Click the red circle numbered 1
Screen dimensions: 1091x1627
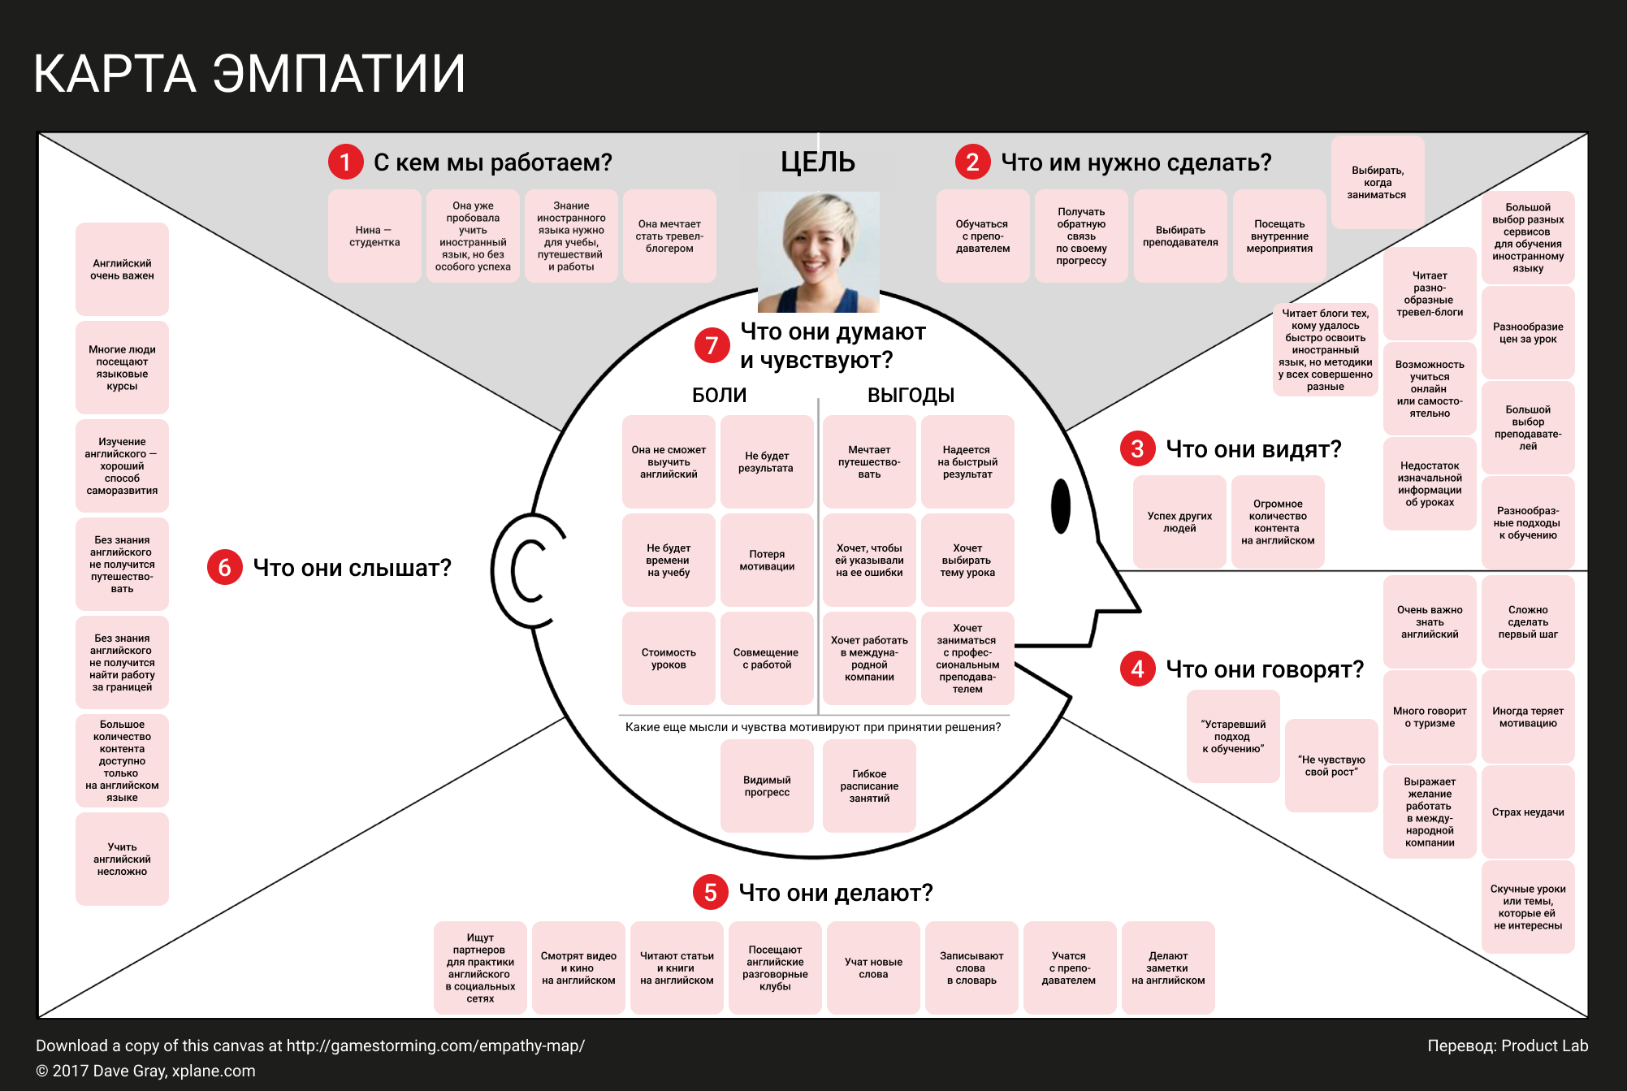click(345, 162)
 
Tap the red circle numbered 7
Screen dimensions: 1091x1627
click(712, 345)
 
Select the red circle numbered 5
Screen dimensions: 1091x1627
click(710, 892)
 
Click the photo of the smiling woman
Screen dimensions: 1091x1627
click(818, 252)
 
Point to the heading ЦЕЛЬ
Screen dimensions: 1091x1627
click(817, 162)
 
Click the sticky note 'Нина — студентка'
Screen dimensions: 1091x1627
click(374, 236)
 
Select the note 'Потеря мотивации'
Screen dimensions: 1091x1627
click(767, 560)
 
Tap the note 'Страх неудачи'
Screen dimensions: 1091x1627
click(1527, 812)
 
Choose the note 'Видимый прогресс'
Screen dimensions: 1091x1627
click(767, 786)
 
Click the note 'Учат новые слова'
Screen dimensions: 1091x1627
click(873, 968)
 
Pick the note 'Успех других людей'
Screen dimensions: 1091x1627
click(1179, 522)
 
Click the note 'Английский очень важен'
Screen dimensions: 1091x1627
click(122, 269)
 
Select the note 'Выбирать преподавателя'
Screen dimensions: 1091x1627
click(1179, 236)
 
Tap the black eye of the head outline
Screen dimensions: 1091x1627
click(1060, 505)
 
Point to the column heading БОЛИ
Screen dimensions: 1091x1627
click(719, 395)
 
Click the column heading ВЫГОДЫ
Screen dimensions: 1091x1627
click(911, 395)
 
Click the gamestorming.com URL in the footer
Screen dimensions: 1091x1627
click(435, 1046)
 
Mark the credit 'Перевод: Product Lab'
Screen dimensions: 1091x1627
click(1507, 1046)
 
